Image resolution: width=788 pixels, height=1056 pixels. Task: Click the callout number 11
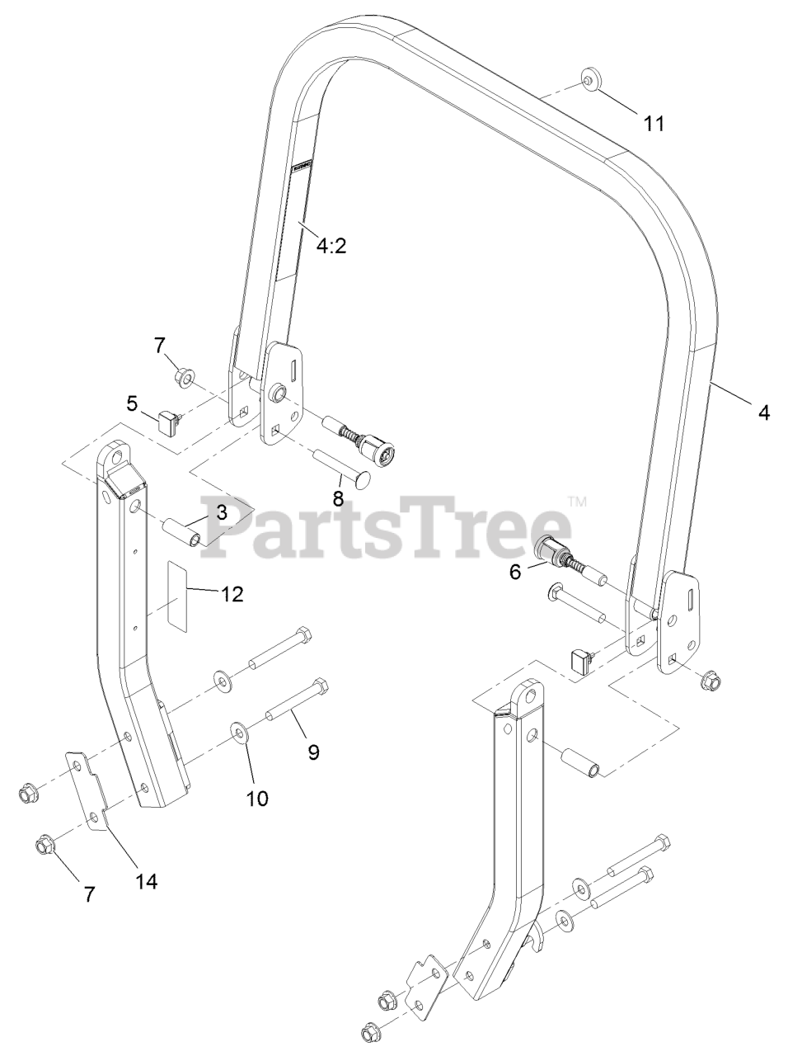(654, 124)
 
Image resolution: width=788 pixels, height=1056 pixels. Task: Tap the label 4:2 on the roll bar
(330, 245)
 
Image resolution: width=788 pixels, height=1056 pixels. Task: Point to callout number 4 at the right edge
(764, 412)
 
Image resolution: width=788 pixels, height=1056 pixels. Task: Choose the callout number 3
(222, 511)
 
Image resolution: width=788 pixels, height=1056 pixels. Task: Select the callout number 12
(232, 594)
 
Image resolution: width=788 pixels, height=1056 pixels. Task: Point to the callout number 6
(515, 572)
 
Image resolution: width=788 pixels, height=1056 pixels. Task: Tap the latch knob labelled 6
(547, 550)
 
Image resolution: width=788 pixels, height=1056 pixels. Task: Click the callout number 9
(313, 752)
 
